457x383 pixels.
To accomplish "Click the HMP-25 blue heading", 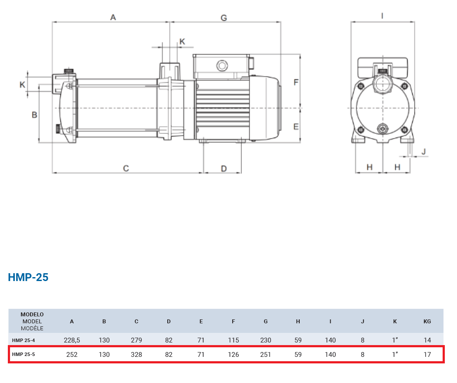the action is point(28,277).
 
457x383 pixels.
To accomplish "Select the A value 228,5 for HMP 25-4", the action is point(72,340).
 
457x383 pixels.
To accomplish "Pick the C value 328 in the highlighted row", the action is point(136,354).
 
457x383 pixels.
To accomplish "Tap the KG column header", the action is point(427,322).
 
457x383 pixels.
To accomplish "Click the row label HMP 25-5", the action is point(24,354).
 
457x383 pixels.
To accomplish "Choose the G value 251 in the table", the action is point(265,354).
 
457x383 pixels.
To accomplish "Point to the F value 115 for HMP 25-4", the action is point(233,340).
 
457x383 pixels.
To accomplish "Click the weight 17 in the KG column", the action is point(427,354).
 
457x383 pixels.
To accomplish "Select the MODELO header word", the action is point(32,315).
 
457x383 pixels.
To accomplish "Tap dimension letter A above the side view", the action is point(113,17).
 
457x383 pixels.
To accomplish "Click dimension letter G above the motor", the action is point(223,18).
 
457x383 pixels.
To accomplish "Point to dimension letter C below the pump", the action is point(126,169).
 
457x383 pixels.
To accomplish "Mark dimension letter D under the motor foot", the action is point(223,169).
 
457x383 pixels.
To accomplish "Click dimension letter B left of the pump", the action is point(34,115).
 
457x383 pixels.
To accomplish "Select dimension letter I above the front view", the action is point(382,16).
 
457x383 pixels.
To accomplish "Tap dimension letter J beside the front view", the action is point(423,151).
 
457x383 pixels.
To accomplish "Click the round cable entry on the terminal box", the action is point(222,65).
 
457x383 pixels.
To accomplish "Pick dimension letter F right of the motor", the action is point(296,82).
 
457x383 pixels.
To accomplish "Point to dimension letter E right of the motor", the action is point(296,126).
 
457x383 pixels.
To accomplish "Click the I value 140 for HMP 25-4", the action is point(330,340).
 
